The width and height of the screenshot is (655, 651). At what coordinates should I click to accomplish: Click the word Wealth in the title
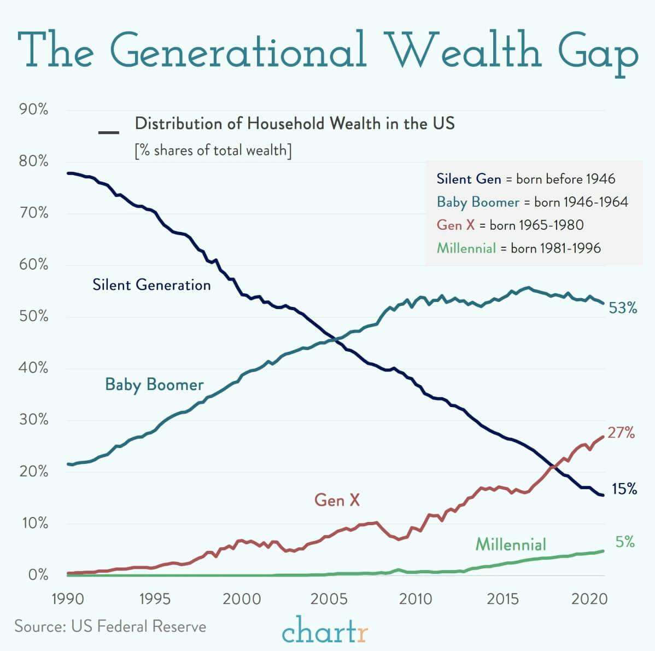point(464,51)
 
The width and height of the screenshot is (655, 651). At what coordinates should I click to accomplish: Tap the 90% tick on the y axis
point(34,110)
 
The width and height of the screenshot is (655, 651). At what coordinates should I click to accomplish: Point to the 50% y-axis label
point(34,317)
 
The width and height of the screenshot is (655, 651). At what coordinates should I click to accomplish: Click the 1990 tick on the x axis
point(67,599)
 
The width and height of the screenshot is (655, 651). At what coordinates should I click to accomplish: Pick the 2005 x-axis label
point(329,599)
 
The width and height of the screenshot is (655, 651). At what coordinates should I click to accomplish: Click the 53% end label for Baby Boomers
point(623,309)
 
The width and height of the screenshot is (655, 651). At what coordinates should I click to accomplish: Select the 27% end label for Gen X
point(621,433)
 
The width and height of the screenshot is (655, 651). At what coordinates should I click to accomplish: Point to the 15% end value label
point(624,489)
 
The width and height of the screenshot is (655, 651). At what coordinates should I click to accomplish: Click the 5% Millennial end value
point(625,542)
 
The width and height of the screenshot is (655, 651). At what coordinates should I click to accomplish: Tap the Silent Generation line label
point(151,285)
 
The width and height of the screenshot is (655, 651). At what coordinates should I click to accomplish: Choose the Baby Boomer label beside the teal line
point(154,385)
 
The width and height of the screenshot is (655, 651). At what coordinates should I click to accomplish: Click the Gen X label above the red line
point(337,499)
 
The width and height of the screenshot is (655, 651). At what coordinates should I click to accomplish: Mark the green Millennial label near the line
point(511,544)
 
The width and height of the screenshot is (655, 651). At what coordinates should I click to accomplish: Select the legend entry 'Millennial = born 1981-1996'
point(518,248)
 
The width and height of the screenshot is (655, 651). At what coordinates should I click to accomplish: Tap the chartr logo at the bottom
point(325,630)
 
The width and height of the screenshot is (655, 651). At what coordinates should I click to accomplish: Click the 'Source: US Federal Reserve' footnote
point(110,626)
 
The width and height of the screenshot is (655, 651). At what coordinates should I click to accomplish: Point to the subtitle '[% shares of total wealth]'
point(213,150)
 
